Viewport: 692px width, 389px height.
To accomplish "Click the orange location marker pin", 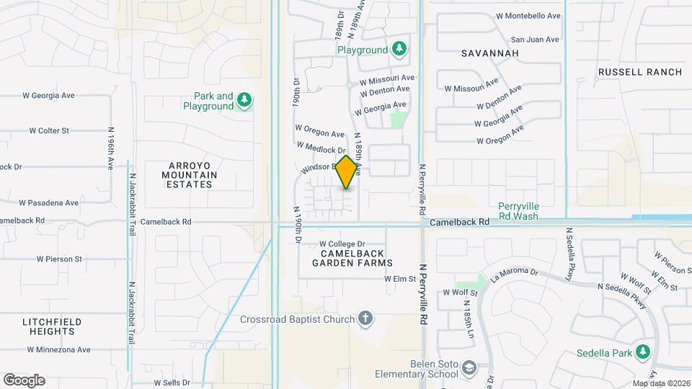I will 347,171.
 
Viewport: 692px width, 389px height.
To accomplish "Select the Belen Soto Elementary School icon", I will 469,368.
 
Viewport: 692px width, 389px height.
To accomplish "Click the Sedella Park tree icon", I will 643,352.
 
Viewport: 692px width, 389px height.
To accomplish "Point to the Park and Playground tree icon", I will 244,100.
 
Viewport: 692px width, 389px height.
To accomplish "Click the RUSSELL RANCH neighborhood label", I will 639,72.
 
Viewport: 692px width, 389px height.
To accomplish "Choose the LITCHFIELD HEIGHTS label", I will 51,326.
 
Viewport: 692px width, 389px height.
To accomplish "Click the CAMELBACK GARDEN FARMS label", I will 352,258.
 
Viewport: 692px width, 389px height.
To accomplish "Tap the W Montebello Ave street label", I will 528,15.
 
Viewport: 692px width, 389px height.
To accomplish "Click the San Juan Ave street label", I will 535,39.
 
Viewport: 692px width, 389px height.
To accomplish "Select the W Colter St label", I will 49,130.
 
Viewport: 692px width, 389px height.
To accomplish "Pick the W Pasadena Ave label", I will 48,203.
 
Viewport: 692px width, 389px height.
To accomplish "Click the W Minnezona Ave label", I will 59,350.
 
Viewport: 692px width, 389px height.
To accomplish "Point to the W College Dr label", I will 342,244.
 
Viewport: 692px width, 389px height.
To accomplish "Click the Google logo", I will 24,380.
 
